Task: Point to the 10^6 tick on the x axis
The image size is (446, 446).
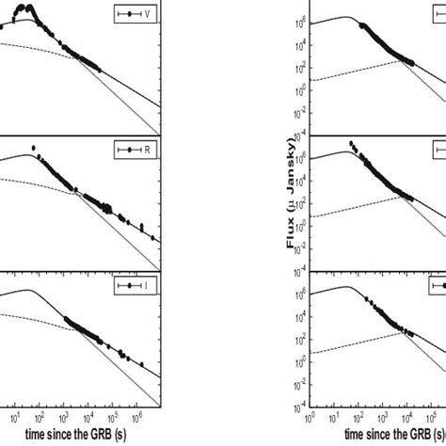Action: click(136, 413)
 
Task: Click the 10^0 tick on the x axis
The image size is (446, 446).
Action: click(312, 413)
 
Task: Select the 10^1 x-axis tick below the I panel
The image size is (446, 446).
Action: click(14, 413)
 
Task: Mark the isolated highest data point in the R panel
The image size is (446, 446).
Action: click(34, 148)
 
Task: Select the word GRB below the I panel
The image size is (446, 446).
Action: click(94, 435)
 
